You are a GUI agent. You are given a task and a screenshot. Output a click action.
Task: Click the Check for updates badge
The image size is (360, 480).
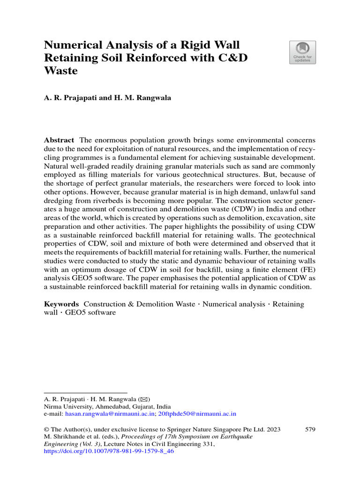(302, 52)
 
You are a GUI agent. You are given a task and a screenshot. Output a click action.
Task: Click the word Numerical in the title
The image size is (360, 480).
(71, 45)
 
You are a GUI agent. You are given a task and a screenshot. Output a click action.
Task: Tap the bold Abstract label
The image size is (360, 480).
(59, 140)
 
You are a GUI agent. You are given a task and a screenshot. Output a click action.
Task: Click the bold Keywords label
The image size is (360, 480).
(61, 304)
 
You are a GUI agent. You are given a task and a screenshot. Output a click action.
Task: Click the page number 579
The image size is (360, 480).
(310, 429)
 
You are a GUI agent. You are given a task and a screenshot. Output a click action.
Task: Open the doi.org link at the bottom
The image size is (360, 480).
(108, 451)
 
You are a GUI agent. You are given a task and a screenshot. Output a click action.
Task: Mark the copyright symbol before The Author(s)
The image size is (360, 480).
(46, 429)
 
